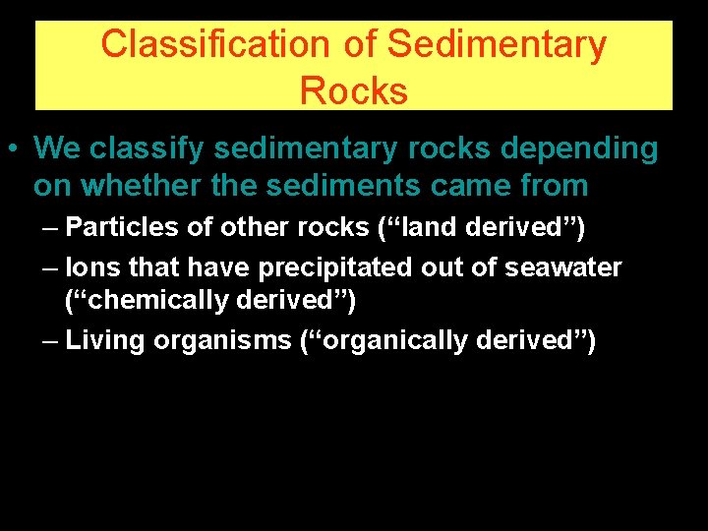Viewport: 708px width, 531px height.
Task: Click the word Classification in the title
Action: tap(214, 44)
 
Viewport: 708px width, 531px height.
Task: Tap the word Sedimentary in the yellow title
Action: tap(497, 44)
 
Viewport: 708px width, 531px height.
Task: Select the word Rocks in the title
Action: tap(353, 90)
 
